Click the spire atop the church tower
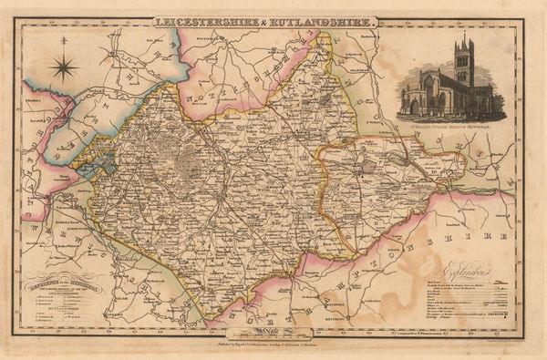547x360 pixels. tap(466, 41)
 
